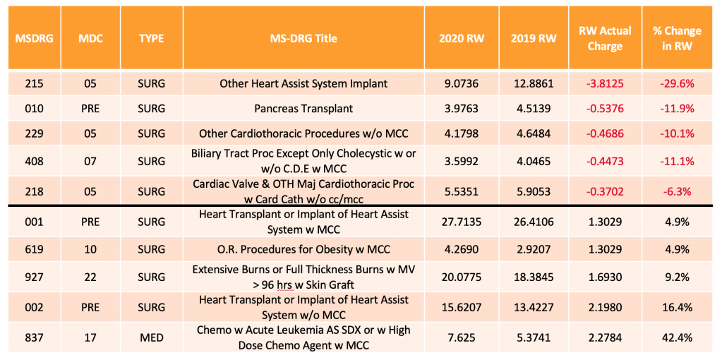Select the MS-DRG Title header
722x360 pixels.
[303, 39]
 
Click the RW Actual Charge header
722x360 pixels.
[605, 39]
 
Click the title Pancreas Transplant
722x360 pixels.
[303, 109]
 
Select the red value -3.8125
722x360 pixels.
[605, 84]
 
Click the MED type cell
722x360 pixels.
[152, 337]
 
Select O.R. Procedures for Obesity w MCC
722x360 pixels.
[303, 249]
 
